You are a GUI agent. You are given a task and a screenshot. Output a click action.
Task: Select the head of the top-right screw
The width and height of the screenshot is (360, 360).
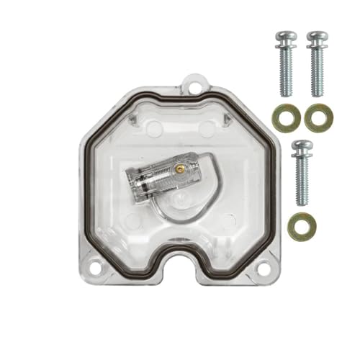(317, 38)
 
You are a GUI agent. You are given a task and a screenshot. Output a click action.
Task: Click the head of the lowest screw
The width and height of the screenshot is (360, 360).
(301, 148)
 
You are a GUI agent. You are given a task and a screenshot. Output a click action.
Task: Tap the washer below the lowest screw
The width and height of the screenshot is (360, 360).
(302, 228)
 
